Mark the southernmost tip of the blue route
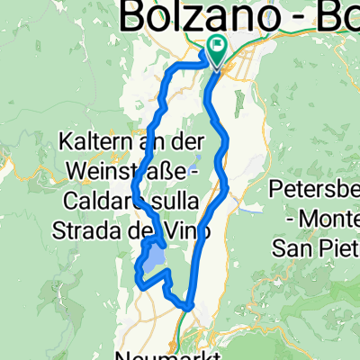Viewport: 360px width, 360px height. pos(187,307)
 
